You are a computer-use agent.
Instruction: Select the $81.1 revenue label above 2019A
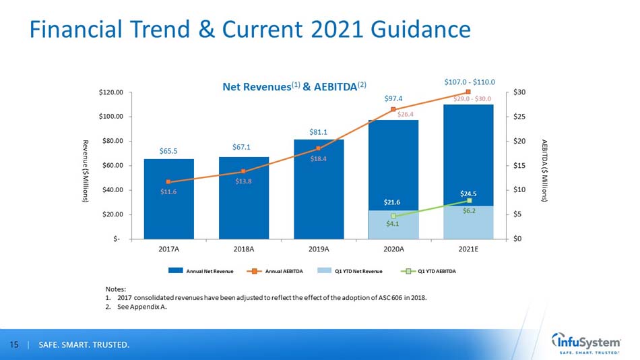point(319,131)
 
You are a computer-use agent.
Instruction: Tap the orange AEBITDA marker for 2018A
point(243,171)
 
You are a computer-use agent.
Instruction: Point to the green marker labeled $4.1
point(393,216)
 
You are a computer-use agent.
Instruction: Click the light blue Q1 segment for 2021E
point(468,222)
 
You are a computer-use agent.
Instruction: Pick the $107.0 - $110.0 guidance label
point(470,82)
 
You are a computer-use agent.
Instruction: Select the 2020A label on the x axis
point(393,249)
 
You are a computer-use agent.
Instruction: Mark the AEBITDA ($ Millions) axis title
point(544,171)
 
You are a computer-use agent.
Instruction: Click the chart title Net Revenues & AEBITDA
point(295,86)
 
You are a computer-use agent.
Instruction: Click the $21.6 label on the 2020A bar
point(393,202)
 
